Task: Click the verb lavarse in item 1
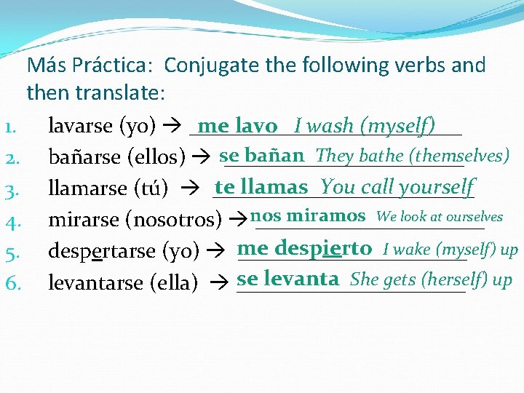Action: pos(79,127)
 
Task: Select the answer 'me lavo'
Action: pos(237,126)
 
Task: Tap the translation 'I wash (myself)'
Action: pos(365,126)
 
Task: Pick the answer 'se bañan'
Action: pos(261,155)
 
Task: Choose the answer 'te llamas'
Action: pos(261,187)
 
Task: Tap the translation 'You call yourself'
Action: pos(397,187)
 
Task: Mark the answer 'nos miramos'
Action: pos(307,216)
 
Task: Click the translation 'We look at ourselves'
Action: pos(440,217)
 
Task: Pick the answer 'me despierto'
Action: pos(304,248)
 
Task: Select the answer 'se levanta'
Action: pos(288,279)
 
